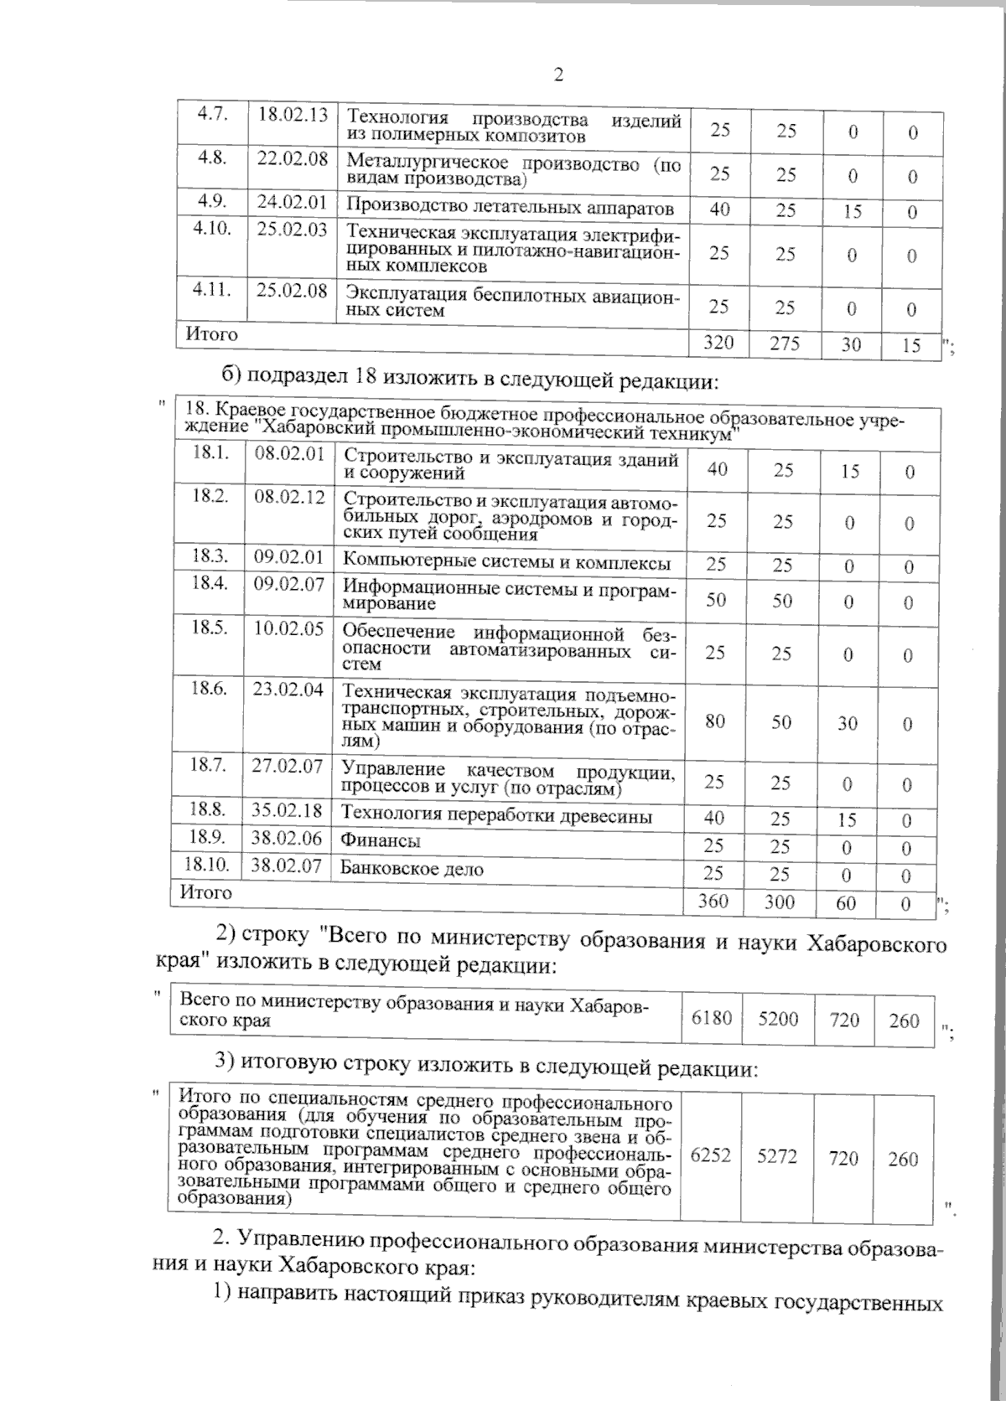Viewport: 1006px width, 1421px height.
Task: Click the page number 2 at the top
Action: [x=558, y=75]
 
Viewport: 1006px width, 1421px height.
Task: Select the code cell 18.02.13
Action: [x=292, y=114]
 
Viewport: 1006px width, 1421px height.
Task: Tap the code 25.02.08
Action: [x=292, y=291]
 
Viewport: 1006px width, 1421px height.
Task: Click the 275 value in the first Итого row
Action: [x=785, y=343]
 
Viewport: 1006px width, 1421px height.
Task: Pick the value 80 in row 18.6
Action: [x=715, y=721]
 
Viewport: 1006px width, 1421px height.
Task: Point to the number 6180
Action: [x=711, y=1019]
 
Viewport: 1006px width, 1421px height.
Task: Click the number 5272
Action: [x=777, y=1156]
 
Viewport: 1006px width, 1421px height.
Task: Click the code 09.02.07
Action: [x=288, y=584]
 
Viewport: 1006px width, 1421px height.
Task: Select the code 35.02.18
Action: [x=288, y=810]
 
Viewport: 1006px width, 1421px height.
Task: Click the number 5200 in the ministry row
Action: [x=778, y=1019]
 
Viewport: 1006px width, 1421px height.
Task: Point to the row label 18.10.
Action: [x=206, y=864]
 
